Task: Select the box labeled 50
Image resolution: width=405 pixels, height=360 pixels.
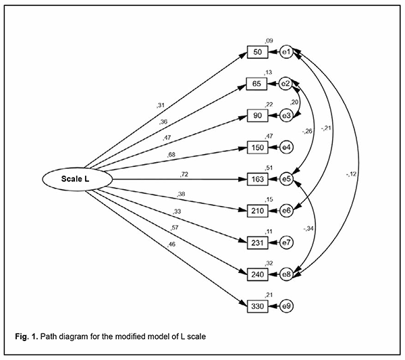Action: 258,52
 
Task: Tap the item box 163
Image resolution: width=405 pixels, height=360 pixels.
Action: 258,180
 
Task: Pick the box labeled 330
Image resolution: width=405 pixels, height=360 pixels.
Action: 258,307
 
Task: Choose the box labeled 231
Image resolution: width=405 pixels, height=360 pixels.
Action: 258,243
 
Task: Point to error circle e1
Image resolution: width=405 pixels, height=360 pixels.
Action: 286,52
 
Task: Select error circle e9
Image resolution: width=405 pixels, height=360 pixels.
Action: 286,307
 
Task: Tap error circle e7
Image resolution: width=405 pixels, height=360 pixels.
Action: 286,243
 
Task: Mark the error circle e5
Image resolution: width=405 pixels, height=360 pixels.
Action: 286,180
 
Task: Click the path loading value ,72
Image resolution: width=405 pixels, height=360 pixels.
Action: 184,174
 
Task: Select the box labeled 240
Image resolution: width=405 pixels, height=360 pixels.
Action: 258,275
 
